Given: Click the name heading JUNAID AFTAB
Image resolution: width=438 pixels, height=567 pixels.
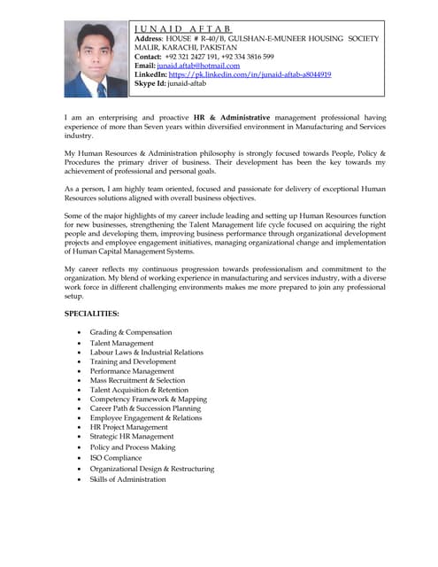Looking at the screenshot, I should point(182,28).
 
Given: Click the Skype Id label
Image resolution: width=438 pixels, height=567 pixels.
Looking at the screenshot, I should point(153,84).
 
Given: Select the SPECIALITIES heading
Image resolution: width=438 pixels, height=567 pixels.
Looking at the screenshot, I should point(92,314).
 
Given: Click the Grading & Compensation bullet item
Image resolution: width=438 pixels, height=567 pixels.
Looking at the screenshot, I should point(131,332).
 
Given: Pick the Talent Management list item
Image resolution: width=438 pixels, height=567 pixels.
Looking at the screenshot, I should point(121,343).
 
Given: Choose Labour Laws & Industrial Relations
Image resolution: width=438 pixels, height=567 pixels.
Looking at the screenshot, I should point(146,352).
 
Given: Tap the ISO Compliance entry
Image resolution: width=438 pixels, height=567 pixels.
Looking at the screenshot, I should point(115,458).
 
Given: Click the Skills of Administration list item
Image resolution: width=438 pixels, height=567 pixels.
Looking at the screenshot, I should point(127,479).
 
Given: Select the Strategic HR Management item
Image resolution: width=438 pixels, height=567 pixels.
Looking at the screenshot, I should point(131,436).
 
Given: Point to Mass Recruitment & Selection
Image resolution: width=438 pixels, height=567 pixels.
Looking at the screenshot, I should point(137,380).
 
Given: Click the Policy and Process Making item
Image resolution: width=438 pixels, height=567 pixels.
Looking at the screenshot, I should point(132,447).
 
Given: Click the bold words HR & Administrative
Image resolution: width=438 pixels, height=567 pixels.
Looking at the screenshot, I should point(232,117).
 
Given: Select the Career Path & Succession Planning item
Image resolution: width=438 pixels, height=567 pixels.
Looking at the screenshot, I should point(145,408).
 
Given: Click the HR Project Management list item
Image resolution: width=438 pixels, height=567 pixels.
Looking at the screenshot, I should point(128,427).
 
